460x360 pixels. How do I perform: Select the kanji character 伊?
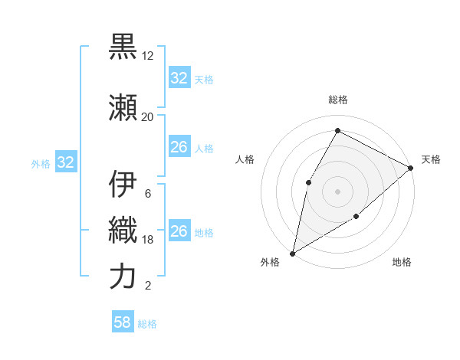tap(123, 185)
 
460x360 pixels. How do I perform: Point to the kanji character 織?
tap(123, 230)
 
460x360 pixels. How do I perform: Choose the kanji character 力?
tap(123, 276)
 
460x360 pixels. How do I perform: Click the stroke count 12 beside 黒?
tap(148, 57)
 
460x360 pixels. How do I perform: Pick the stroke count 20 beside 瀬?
tap(148, 117)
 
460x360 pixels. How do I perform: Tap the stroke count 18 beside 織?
tap(148, 240)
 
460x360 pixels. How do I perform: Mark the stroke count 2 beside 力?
tap(147, 286)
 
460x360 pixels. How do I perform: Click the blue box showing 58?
tap(123, 323)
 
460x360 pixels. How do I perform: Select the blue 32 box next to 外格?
tap(65, 162)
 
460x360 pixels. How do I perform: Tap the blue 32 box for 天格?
tap(179, 78)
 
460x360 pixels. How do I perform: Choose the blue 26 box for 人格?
tap(179, 147)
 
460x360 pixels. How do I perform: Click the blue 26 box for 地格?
tap(179, 231)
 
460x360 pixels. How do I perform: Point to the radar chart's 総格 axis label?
tap(337, 100)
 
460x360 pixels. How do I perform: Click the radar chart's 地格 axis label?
tap(402, 262)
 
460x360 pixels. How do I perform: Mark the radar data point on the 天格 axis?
tap(411, 167)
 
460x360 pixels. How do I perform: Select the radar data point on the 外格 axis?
tap(292, 253)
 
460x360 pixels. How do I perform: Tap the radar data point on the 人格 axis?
tap(308, 182)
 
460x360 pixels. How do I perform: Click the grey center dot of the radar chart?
tap(337, 191)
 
